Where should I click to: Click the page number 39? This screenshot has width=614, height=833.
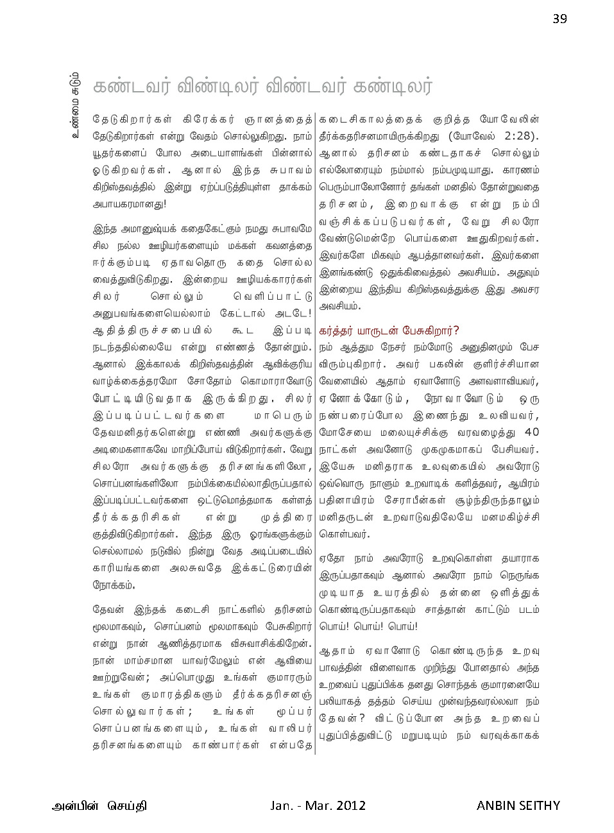point(559,19)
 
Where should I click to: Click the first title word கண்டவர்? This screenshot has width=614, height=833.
point(131,87)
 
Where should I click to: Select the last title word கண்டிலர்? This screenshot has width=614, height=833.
point(393,87)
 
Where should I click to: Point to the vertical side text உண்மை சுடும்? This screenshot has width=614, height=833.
point(76,106)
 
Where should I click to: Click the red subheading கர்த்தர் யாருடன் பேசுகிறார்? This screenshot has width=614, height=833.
point(389,331)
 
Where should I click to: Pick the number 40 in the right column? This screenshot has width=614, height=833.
point(531,432)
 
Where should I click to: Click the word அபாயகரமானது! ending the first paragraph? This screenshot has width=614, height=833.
point(130,204)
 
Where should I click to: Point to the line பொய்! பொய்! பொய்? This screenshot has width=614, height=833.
point(368,626)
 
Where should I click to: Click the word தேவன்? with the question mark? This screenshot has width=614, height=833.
point(342,718)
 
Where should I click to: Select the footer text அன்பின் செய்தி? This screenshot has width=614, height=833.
point(99,805)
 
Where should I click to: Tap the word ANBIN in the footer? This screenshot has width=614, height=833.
point(498,805)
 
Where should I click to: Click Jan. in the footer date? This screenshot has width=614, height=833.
point(282,805)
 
